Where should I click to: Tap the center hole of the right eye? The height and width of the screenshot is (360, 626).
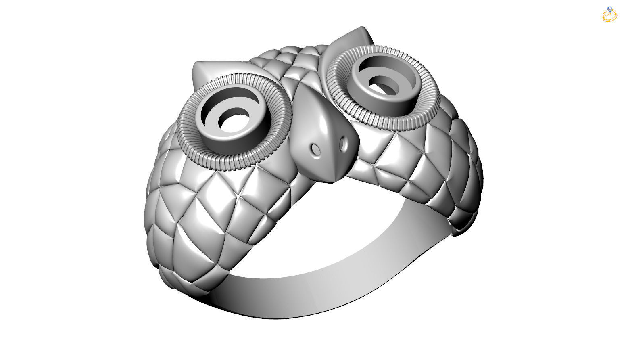[x=382, y=85]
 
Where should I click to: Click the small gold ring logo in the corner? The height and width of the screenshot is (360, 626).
[x=609, y=15]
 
